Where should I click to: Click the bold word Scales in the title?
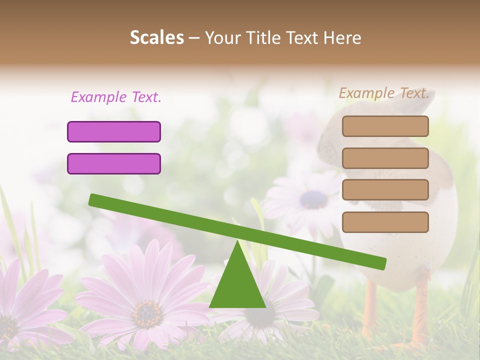tap(157, 37)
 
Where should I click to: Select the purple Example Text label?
tap(116, 97)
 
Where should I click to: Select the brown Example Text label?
tap(384, 93)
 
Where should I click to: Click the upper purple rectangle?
tap(114, 131)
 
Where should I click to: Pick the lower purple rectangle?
tap(114, 163)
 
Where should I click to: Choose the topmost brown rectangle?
tap(385, 126)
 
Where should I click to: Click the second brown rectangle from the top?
tap(385, 158)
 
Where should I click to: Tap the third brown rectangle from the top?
tap(385, 190)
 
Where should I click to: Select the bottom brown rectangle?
tap(385, 222)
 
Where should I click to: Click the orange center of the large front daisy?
tap(147, 313)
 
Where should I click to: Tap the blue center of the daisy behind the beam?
tap(313, 199)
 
